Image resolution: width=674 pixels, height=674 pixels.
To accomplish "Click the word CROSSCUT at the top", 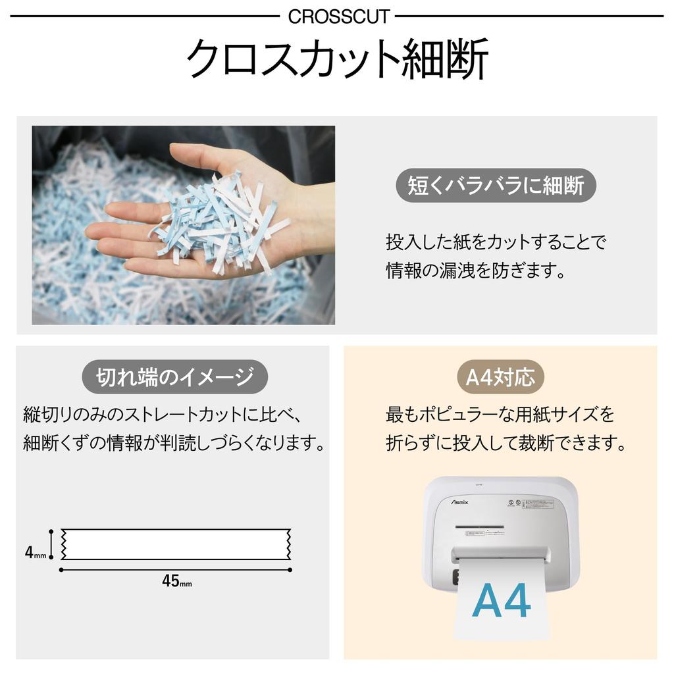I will coord(338,16).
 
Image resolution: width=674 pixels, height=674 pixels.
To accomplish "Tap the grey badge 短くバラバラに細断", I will coord(495,186).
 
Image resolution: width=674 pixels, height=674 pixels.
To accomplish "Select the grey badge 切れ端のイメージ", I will coord(174,377).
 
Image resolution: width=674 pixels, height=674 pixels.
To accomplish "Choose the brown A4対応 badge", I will coord(500,377).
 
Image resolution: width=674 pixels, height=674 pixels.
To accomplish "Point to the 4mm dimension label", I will coord(35,553).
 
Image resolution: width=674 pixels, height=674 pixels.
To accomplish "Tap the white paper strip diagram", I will coord(178,544).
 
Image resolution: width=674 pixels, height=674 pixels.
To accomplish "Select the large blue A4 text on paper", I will coord(501,600).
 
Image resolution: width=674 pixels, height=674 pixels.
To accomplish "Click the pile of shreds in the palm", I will coord(220,220).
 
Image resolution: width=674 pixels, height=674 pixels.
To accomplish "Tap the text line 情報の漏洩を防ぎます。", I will coord(475,271).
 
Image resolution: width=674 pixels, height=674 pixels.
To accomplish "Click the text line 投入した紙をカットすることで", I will coord(495,242).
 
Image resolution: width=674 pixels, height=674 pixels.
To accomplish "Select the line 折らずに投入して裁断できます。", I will coord(505,443).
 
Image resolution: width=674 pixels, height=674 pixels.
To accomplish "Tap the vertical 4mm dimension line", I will coord(51,544).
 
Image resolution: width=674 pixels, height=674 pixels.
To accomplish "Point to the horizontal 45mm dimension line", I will coord(176,569).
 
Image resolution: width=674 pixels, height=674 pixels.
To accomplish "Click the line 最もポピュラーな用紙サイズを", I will coord(500,415).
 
